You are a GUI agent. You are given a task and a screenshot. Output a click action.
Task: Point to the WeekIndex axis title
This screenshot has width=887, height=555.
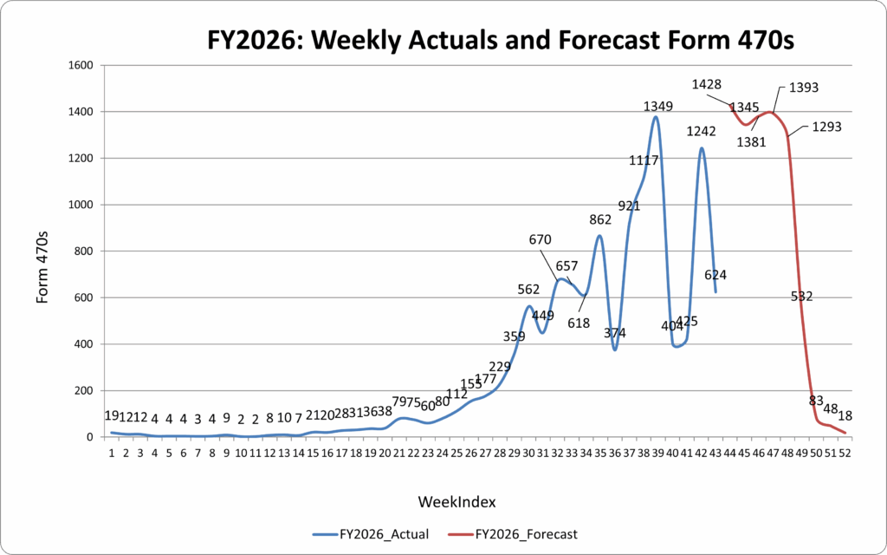point(456,501)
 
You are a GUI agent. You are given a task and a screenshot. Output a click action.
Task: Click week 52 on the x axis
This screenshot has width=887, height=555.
point(844,453)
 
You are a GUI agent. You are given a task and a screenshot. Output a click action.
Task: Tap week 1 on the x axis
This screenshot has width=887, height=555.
point(112,453)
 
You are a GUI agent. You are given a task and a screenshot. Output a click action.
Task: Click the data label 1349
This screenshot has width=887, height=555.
point(658,106)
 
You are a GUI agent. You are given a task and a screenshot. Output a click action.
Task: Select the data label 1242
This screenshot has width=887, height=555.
point(702,131)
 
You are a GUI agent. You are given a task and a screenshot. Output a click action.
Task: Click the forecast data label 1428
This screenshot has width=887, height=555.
point(707,84)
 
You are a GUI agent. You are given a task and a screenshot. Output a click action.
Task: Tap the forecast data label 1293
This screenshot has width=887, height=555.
point(826,127)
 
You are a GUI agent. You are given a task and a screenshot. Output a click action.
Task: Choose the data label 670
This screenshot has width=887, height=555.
point(534,239)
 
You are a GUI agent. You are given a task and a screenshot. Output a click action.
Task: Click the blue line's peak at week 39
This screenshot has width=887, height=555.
point(656,117)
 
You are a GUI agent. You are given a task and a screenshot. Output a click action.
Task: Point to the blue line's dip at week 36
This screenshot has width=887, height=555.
point(614,349)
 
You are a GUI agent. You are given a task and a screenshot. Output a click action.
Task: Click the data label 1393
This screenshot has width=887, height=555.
point(804,88)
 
